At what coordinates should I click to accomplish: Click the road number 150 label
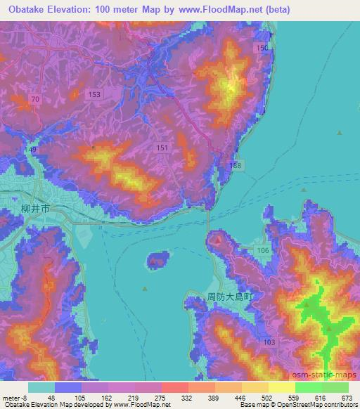point(262,47)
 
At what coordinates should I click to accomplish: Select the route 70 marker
point(36,100)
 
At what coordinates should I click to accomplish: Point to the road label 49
point(32,150)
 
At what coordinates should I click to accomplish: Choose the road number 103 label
point(268,341)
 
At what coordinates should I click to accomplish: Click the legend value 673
point(346,398)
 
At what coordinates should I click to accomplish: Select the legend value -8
point(26,398)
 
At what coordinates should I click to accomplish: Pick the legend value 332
point(186,398)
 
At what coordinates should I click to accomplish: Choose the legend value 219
point(132,398)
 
